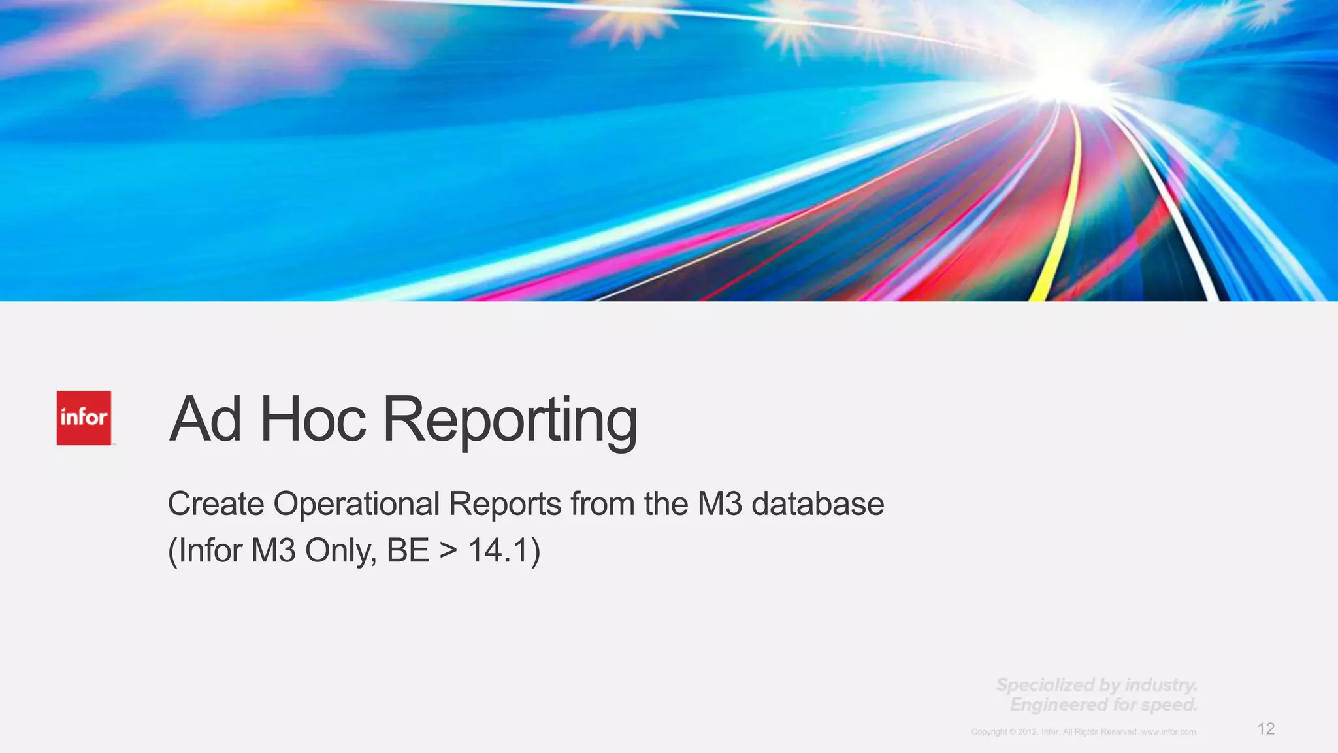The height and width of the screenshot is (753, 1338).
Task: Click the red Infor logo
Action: point(84,418)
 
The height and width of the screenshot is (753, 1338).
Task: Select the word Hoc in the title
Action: point(313,420)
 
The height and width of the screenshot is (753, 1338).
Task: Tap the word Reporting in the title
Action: point(510,422)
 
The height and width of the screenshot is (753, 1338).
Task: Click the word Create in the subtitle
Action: point(216,504)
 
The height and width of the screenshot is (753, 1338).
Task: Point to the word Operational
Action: point(357,504)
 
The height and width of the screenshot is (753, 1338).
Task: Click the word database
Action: point(817,504)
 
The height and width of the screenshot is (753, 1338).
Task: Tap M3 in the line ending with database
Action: point(720,504)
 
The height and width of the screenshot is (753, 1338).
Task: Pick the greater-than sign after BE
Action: point(448,550)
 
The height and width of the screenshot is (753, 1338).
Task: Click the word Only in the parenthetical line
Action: point(340,550)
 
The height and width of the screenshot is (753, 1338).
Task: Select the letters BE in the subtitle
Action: point(408,550)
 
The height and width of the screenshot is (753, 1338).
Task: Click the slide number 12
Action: point(1265,729)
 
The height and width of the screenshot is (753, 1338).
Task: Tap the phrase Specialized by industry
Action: point(1096,685)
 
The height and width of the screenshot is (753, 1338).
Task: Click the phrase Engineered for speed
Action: point(1103,705)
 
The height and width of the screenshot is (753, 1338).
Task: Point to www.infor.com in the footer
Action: point(1168,732)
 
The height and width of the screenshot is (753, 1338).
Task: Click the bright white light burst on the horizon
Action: point(1071,78)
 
